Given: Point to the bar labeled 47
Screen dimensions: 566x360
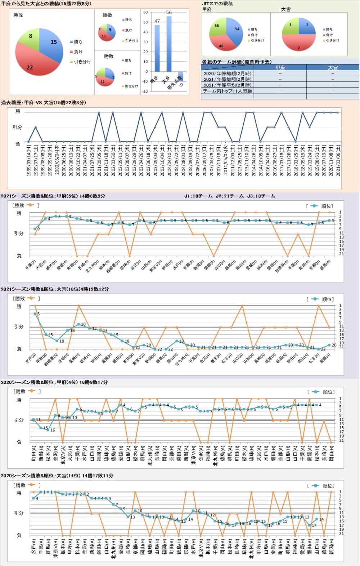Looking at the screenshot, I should [x=157, y=48].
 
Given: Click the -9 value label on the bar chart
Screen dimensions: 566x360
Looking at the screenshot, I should [x=181, y=85].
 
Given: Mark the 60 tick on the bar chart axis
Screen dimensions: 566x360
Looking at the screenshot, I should [x=145, y=12].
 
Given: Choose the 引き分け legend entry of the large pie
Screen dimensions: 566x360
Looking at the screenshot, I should [x=82, y=62].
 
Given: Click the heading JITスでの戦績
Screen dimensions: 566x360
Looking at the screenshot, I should [x=217, y=4].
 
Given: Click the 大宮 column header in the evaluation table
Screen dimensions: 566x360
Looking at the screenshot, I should [x=333, y=67].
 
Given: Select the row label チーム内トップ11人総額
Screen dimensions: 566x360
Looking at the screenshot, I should [x=227, y=91].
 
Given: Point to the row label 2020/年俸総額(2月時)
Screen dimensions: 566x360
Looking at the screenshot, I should [x=227, y=73].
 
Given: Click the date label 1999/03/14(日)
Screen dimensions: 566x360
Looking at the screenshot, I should [x=29, y=160].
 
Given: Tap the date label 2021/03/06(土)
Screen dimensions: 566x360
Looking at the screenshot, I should [x=338, y=160].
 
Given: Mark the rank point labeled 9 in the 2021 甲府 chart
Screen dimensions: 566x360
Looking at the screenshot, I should [x=35, y=229].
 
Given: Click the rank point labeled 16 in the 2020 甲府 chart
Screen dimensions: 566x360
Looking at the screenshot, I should [x=48, y=429].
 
